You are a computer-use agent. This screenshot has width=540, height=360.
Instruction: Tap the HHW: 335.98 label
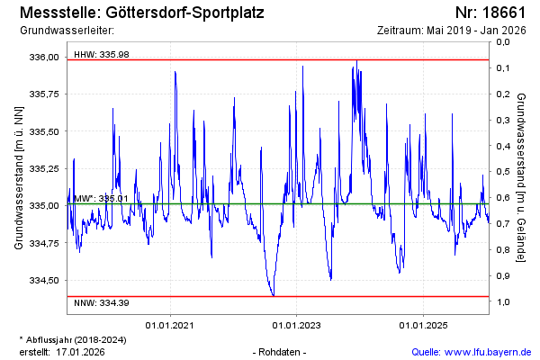point(102,55)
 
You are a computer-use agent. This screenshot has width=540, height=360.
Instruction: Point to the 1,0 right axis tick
point(503,302)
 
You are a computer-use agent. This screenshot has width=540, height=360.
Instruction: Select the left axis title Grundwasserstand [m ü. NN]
point(19,177)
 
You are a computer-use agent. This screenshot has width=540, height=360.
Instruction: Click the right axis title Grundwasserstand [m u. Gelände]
point(521,177)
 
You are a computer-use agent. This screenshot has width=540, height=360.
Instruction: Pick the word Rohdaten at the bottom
point(281,351)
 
